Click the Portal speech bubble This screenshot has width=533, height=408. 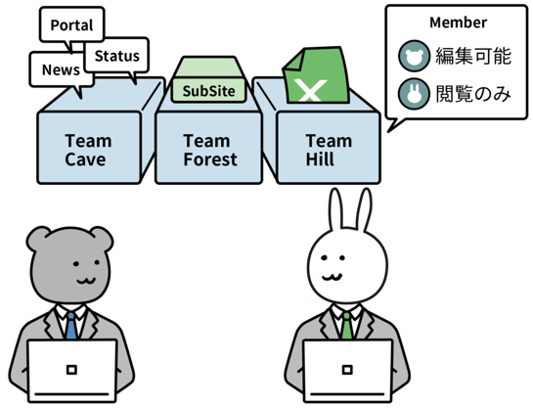click(71, 24)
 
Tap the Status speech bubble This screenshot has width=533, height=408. click(116, 56)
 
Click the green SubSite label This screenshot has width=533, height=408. click(208, 90)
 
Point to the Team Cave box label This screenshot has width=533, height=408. click(88, 150)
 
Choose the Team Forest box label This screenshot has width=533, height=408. click(209, 150)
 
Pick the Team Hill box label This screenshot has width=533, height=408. click(329, 150)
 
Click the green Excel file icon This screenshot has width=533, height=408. click(317, 75)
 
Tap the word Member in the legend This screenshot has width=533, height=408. click(458, 23)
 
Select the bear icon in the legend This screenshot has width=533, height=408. click(414, 56)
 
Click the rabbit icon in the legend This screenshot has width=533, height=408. click(414, 94)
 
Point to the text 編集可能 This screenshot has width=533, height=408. click(473, 56)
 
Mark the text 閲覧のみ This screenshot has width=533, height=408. click(473, 94)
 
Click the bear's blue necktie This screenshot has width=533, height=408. click(70, 326)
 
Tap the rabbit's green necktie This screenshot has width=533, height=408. click(346, 326)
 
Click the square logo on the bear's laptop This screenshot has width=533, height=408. click(71, 370)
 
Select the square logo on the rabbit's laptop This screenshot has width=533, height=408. click(347, 370)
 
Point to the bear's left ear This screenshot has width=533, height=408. click(37, 238)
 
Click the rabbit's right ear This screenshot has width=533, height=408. click(365, 209)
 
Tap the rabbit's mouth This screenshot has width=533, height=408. click(332, 277)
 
